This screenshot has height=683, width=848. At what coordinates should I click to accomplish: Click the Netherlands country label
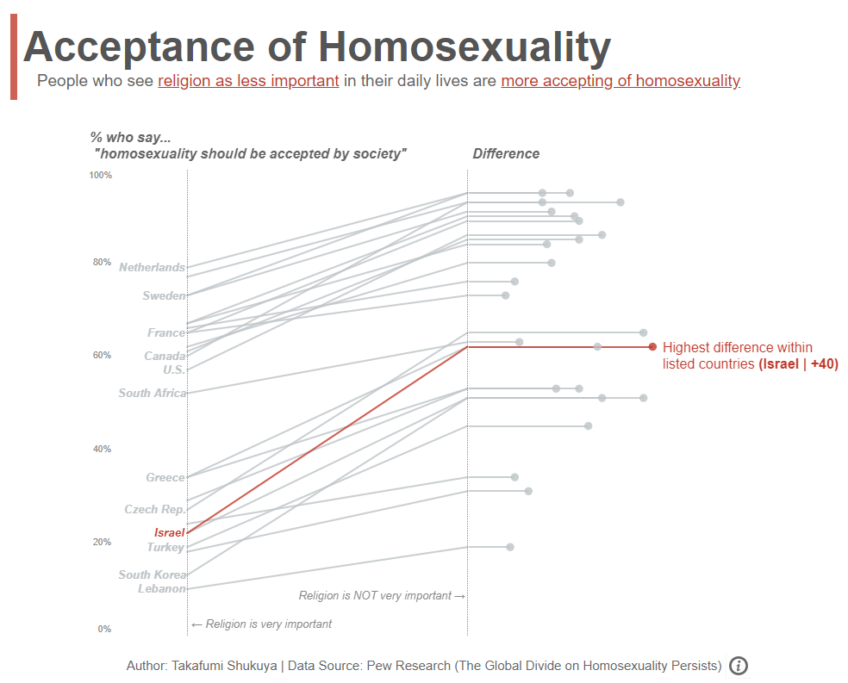(152, 267)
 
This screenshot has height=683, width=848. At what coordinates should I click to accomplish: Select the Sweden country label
(164, 295)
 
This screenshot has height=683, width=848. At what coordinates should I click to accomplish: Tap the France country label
(165, 332)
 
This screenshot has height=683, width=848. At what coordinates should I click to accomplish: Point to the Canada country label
(164, 356)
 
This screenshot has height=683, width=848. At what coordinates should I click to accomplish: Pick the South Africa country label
(152, 393)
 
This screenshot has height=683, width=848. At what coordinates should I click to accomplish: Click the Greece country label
(165, 477)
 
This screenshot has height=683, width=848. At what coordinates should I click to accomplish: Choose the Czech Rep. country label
(154, 509)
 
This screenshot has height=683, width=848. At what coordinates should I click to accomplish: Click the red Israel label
(169, 532)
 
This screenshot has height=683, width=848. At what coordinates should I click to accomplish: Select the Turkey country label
(165, 547)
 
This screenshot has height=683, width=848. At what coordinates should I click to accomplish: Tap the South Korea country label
(152, 574)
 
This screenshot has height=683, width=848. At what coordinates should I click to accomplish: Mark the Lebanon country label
(161, 588)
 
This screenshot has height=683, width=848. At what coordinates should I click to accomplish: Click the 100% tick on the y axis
(101, 176)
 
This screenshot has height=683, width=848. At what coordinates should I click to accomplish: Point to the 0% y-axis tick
(104, 629)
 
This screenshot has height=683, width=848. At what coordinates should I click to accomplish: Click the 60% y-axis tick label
(103, 355)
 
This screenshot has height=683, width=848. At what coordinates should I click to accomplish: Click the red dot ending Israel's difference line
(652, 347)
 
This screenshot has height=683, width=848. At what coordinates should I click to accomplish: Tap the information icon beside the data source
(739, 666)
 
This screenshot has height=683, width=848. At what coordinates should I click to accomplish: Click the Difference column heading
(506, 154)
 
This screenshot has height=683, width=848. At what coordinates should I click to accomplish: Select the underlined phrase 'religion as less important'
(248, 82)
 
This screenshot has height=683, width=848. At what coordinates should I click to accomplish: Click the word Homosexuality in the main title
(461, 47)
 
